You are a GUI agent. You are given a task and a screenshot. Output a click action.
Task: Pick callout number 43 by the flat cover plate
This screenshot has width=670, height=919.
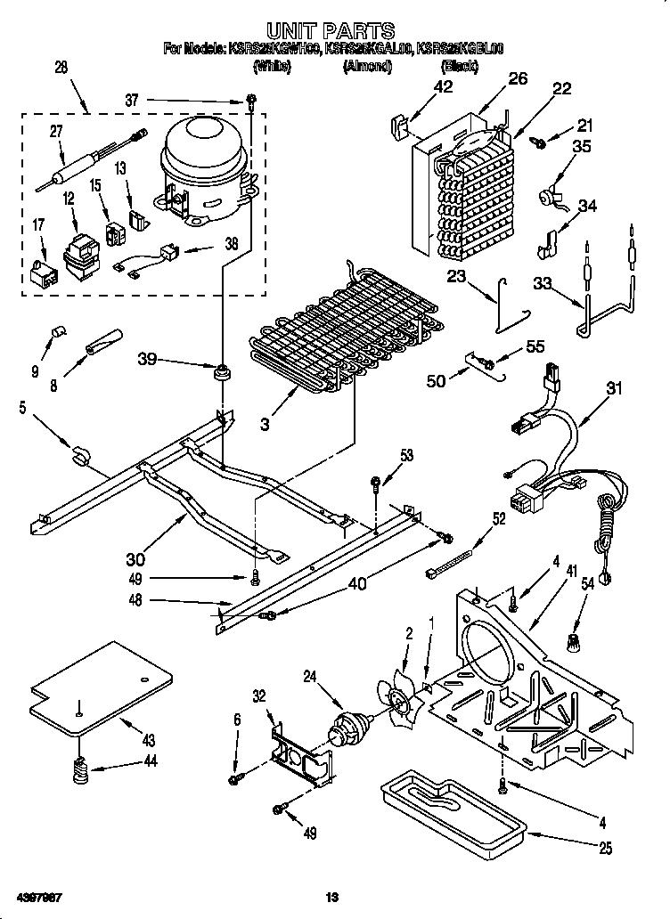tap(147, 740)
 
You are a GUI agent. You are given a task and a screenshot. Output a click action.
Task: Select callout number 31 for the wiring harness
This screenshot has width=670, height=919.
tap(614, 388)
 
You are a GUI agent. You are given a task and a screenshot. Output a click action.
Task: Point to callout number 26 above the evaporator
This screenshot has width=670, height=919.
tap(518, 79)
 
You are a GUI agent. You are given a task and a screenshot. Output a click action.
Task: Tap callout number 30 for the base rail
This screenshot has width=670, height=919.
tap(135, 559)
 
